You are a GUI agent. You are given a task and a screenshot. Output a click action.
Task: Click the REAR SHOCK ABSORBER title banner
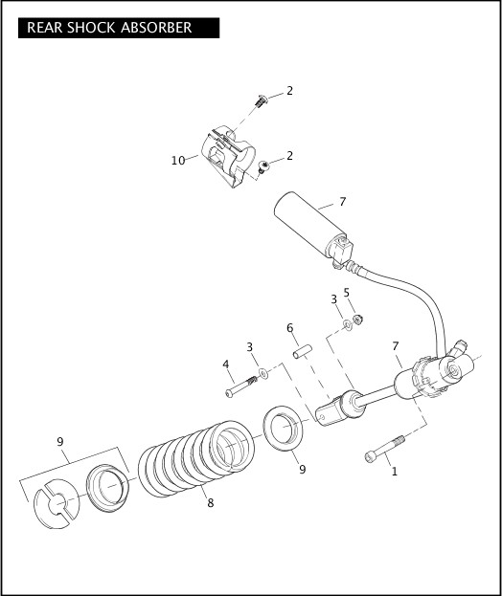(x=118, y=28)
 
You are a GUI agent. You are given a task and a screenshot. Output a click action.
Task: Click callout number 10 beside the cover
(x=178, y=161)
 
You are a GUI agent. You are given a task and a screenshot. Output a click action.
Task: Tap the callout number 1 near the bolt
(x=394, y=471)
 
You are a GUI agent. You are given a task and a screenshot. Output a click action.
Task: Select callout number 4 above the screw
(x=226, y=364)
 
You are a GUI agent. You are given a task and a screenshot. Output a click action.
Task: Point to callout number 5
(x=346, y=293)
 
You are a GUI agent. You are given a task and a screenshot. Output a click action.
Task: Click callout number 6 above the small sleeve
(x=289, y=328)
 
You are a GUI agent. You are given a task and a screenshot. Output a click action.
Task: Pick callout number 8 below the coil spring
(x=211, y=503)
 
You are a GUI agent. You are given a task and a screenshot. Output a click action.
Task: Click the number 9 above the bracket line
(x=59, y=441)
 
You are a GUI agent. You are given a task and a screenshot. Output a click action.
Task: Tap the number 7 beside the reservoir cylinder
(x=342, y=203)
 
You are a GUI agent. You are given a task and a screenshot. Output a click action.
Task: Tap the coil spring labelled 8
(x=196, y=456)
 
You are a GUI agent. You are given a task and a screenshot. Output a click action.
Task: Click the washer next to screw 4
(x=262, y=372)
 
